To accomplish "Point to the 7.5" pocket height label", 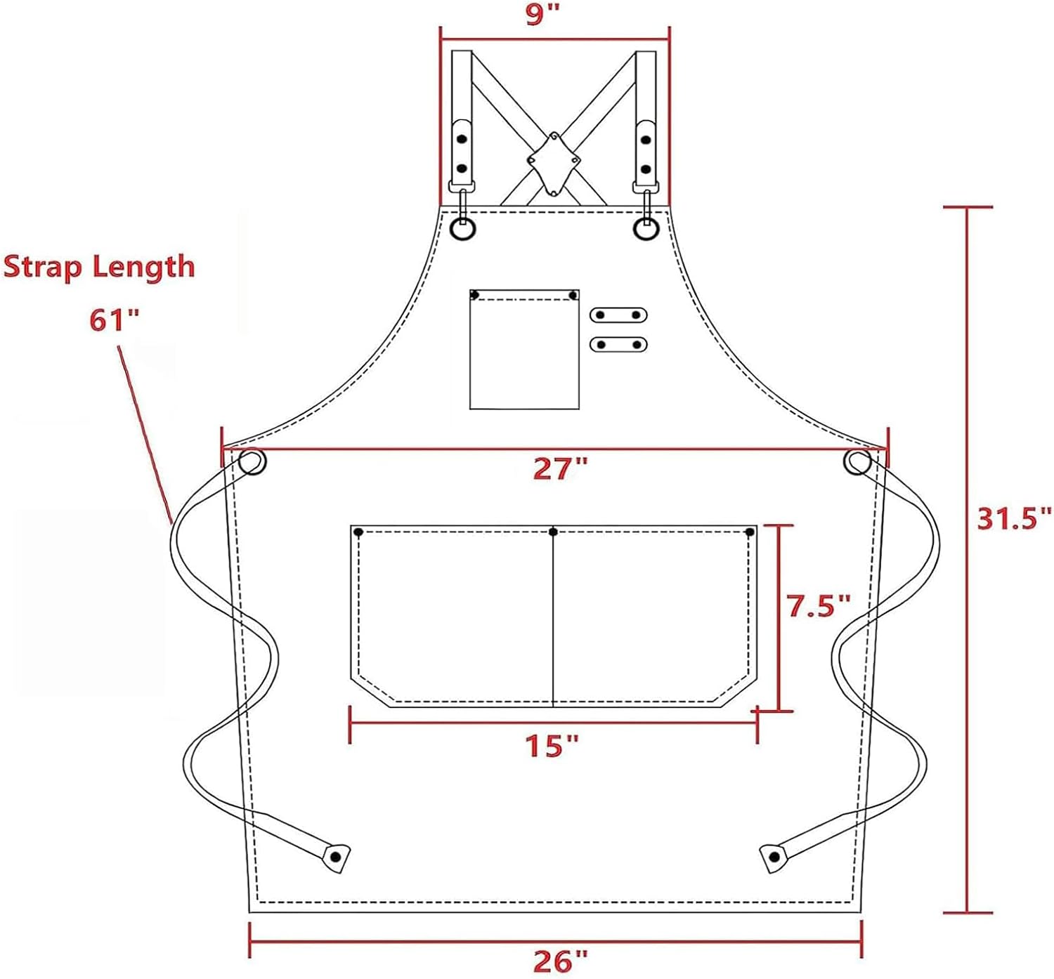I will [x=819, y=605].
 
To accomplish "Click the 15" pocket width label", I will [x=553, y=746].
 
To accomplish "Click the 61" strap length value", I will [x=115, y=320].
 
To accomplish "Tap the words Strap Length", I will [x=99, y=268].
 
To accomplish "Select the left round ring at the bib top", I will [x=463, y=229].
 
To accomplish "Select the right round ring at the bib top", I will [x=646, y=229].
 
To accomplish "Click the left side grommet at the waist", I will [x=252, y=463].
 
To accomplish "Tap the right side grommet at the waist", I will [x=857, y=462].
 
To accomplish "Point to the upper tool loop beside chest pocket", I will [x=618, y=315].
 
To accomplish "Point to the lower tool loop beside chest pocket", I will [x=618, y=344].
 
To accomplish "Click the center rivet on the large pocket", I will [x=554, y=532].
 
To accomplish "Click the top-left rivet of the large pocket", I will [x=358, y=532].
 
